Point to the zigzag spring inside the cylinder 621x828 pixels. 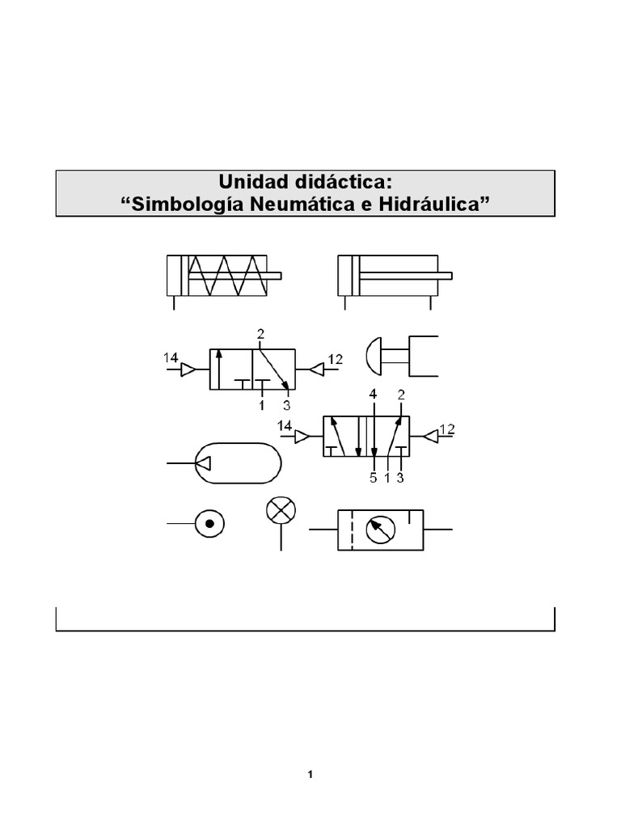click(x=226, y=275)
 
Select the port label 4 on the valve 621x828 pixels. click(x=373, y=395)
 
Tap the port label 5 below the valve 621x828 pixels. click(x=373, y=478)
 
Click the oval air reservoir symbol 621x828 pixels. click(x=239, y=463)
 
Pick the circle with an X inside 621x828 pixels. click(x=281, y=510)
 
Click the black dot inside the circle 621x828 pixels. click(x=209, y=526)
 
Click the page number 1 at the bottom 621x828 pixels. click(x=310, y=775)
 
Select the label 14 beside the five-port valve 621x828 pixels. click(x=285, y=425)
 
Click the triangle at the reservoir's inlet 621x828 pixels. click(x=203, y=463)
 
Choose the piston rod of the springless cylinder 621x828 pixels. click(x=404, y=275)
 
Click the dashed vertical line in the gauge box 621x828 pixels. click(x=353, y=530)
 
